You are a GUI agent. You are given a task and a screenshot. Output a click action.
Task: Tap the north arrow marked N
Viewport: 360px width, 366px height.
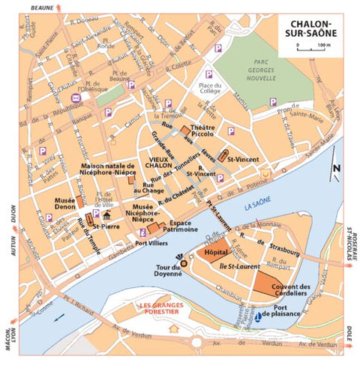[337, 172]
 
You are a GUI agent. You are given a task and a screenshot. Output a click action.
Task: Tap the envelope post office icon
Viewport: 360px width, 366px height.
[76, 98]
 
